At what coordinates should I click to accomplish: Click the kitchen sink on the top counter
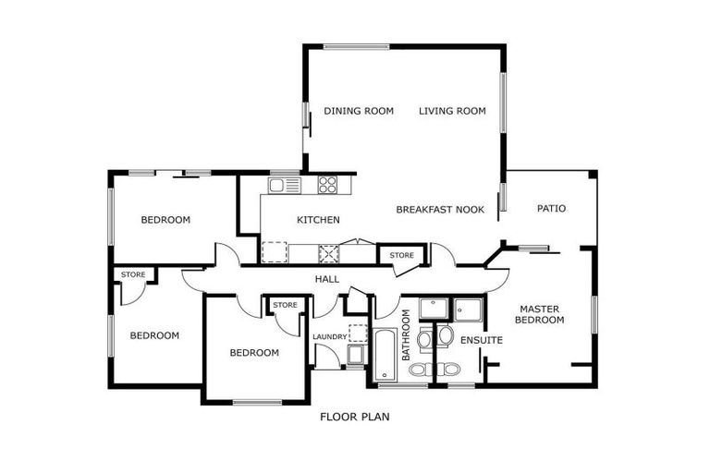pos(286,185)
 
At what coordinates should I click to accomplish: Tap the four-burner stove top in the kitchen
pos(328,185)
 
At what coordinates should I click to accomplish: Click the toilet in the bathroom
pos(419,370)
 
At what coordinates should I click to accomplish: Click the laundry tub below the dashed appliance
pos(355,354)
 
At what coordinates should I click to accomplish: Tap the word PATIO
pos(551,209)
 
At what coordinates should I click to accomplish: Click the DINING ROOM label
pos(359,112)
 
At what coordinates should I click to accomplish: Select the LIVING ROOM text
pos(452,112)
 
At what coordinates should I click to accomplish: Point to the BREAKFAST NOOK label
pos(440,210)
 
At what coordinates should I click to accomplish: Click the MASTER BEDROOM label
pos(541,315)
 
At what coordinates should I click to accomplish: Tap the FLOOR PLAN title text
pos(355,417)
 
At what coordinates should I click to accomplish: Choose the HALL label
pos(327,279)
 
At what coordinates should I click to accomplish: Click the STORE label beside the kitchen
pos(401,255)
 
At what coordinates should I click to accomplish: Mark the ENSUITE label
pos(482,341)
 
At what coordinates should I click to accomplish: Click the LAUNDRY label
pos(328,337)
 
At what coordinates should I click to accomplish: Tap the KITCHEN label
pos(318,220)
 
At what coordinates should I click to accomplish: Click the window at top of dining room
pos(356,45)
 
